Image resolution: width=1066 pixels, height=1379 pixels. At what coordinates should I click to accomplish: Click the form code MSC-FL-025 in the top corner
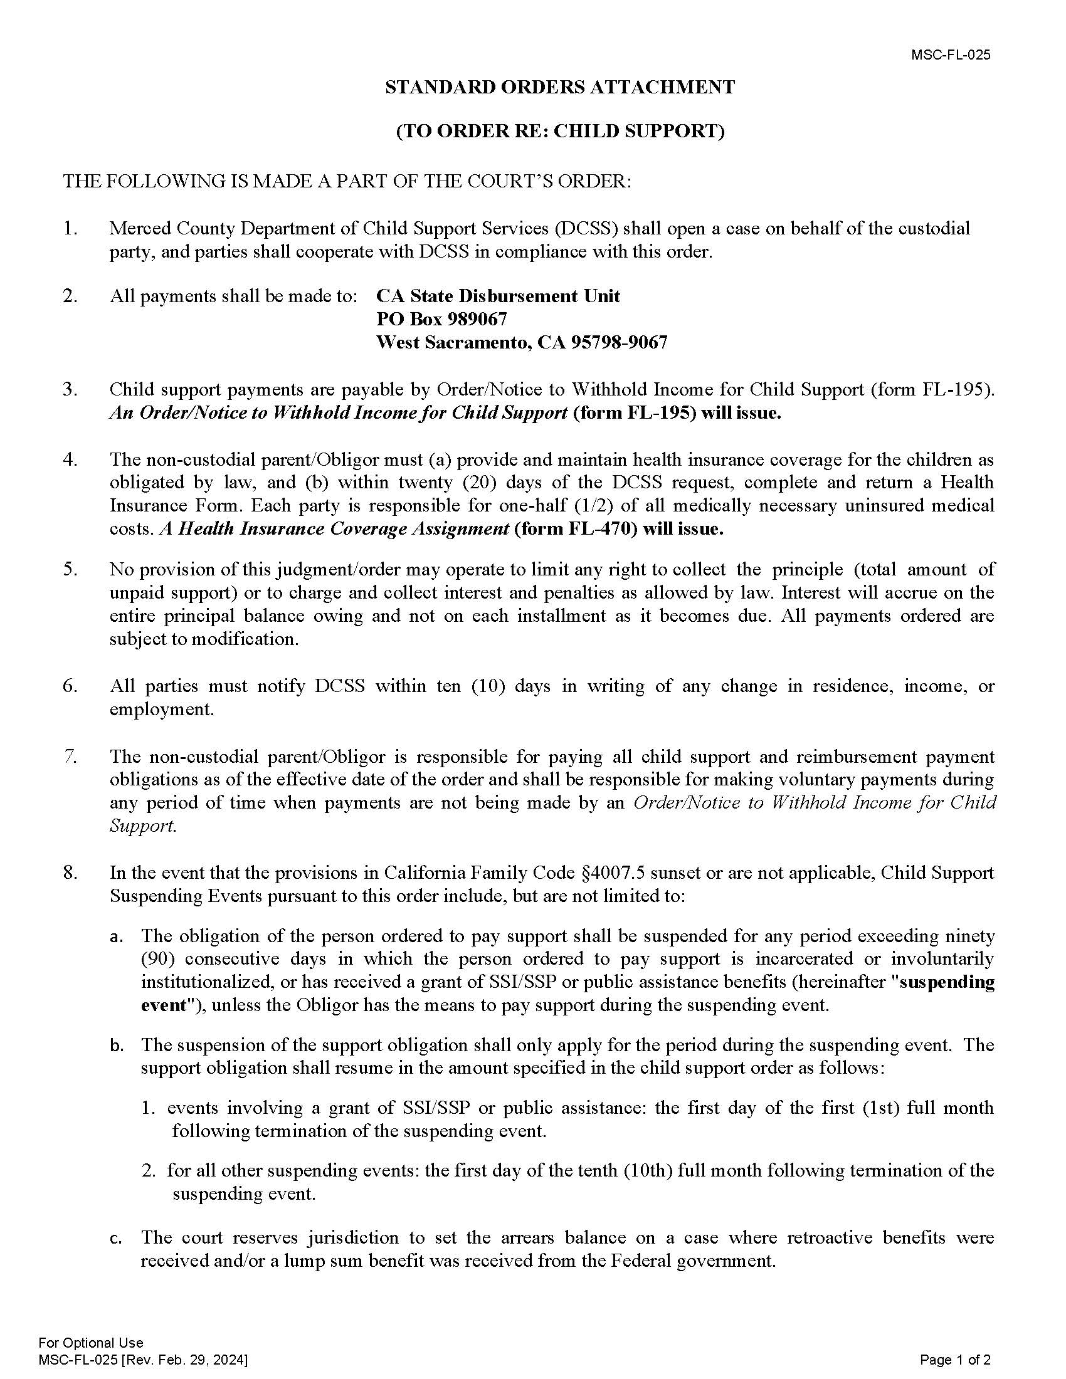951,55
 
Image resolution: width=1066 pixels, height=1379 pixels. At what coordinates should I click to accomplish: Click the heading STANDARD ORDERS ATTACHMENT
560,87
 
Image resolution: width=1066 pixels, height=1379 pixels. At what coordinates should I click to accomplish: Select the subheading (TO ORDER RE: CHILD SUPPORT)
560,131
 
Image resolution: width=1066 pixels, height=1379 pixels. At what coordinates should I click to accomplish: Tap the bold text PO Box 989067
441,320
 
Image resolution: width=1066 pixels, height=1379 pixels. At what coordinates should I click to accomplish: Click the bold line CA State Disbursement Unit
498,296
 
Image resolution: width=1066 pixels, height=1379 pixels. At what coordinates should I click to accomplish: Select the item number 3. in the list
70,390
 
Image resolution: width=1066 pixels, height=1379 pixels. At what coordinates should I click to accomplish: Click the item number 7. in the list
70,757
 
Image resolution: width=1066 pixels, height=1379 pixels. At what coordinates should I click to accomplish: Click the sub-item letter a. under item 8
115,936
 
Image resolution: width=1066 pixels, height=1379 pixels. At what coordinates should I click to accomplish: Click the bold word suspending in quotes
954,982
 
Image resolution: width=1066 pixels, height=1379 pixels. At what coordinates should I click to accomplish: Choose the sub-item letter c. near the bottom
115,1238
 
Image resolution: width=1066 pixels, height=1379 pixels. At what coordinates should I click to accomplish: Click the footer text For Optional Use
90,1343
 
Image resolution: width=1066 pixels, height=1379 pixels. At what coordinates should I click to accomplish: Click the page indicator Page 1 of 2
955,1360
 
